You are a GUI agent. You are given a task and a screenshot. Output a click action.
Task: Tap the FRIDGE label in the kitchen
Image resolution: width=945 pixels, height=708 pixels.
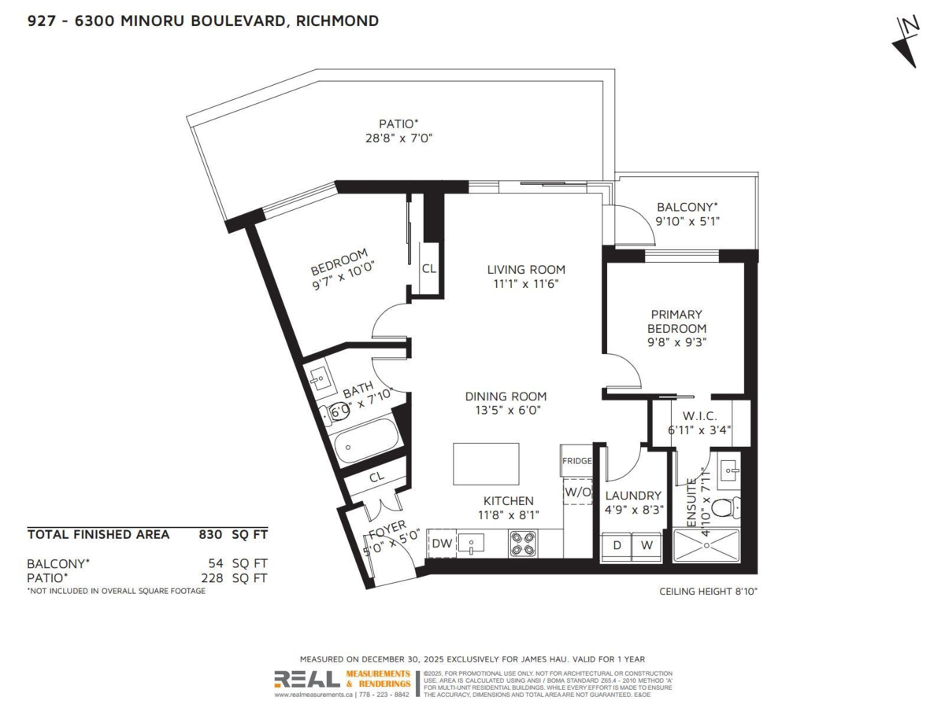click(x=576, y=461)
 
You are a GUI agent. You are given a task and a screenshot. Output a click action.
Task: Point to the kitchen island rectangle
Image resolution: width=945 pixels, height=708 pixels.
click(x=486, y=464)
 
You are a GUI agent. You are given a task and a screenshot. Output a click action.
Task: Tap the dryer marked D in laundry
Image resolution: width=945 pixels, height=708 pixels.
click(x=618, y=544)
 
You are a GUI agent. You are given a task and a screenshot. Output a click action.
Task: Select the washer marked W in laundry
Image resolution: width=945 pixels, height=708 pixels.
click(x=647, y=544)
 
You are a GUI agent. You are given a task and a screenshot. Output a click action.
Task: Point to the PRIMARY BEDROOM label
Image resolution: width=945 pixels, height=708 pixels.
click(x=676, y=321)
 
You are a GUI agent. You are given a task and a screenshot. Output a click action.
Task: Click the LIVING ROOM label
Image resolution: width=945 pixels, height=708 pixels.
click(x=526, y=270)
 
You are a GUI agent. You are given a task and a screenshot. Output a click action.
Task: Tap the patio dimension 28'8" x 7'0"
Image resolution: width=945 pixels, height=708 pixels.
click(x=398, y=138)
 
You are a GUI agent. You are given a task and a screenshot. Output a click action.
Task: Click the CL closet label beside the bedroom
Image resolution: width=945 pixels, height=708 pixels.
click(x=428, y=268)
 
